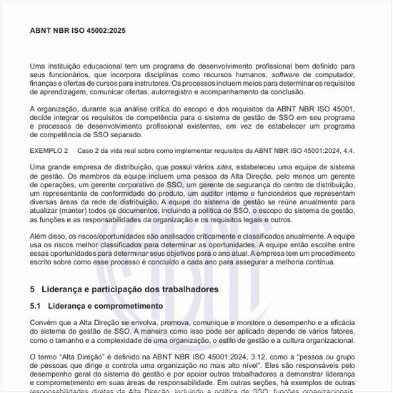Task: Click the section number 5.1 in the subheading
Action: click(x=36, y=306)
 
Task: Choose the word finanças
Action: click(x=45, y=84)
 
